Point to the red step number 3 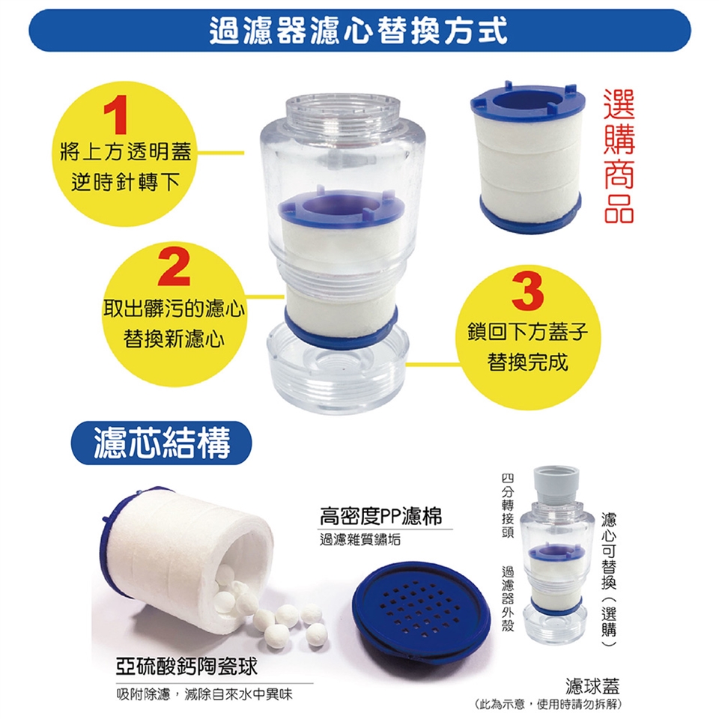[x=527, y=291]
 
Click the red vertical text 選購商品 [x=619, y=157]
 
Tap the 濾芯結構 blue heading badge [x=162, y=443]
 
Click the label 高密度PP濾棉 [x=380, y=516]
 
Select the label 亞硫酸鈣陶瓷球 [x=186, y=667]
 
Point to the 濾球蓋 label [x=592, y=686]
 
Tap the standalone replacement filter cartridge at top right [x=527, y=157]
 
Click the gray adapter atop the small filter [x=556, y=486]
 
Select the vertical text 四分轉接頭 [x=507, y=506]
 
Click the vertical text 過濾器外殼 [x=507, y=599]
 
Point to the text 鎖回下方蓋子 [x=527, y=332]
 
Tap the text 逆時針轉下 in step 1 [x=125, y=182]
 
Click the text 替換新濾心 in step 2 [x=174, y=339]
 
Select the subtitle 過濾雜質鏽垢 [x=360, y=540]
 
